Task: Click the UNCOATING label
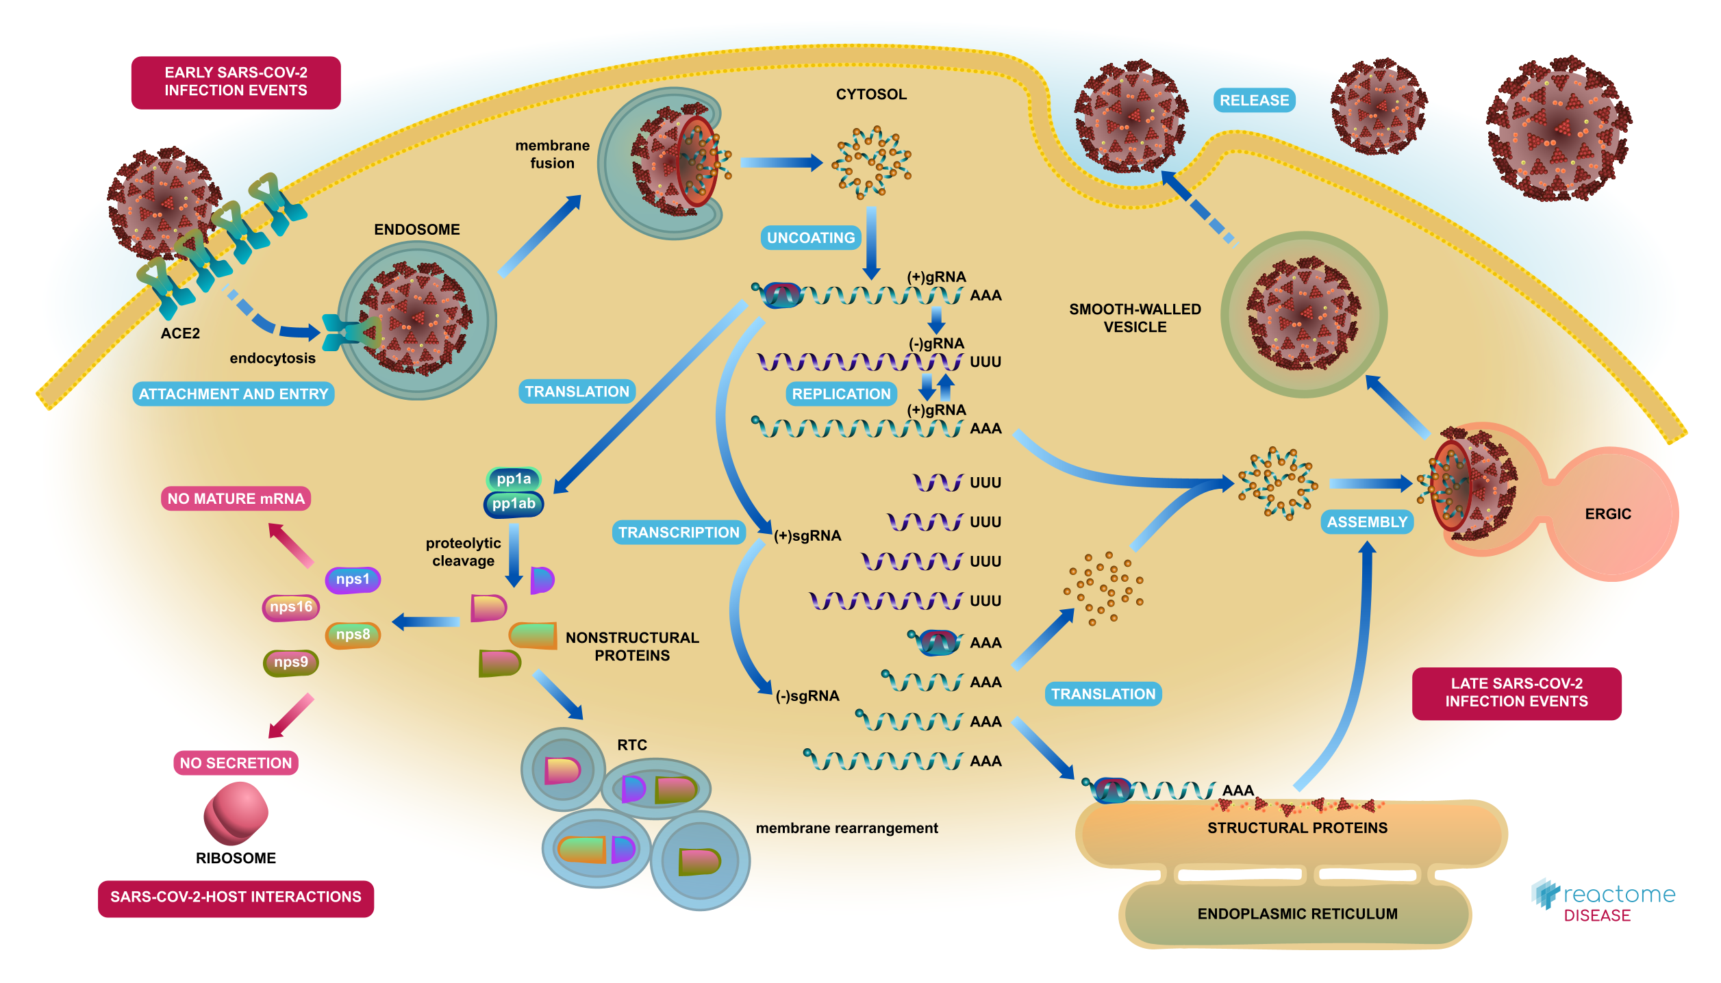811,238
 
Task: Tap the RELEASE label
1254,100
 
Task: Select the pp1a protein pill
514,478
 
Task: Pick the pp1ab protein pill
514,504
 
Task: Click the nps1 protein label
353,579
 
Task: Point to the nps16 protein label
291,607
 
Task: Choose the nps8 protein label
353,635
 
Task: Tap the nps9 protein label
291,663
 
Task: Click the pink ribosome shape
236,813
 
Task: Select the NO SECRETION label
236,763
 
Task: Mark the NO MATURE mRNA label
236,498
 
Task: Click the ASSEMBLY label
1367,522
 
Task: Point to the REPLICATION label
841,394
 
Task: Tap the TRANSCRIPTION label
679,533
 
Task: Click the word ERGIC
1608,514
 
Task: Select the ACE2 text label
180,333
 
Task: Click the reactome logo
1603,901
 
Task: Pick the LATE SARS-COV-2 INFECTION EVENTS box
1516,693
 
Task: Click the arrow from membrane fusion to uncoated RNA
781,163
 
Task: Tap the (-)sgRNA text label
807,696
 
